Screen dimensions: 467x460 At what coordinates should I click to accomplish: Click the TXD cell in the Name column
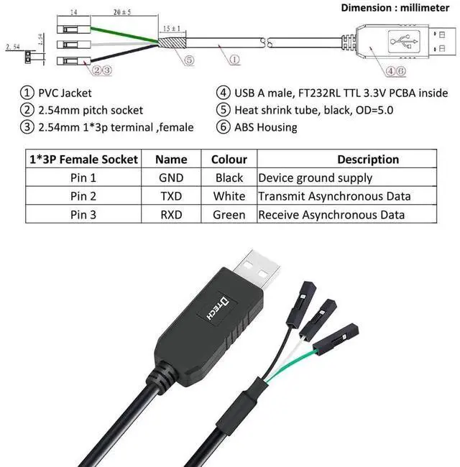tap(171, 196)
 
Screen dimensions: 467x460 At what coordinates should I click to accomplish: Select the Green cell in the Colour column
tap(229, 215)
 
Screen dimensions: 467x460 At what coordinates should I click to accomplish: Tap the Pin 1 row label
tap(83, 177)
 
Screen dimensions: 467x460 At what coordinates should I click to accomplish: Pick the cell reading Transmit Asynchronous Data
tap(335, 196)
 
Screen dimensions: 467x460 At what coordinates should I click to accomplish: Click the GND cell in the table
tap(171, 177)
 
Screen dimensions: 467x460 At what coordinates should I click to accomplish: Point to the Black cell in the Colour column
tap(229, 177)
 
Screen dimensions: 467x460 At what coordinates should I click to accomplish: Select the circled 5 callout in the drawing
tap(189, 60)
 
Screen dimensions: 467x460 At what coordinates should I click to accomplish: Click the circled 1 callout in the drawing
tap(234, 60)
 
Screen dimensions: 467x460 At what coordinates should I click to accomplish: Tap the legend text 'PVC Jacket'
tap(65, 93)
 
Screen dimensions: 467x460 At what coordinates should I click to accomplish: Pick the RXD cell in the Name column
tap(171, 215)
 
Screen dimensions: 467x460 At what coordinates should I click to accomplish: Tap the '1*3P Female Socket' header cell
tap(83, 159)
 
